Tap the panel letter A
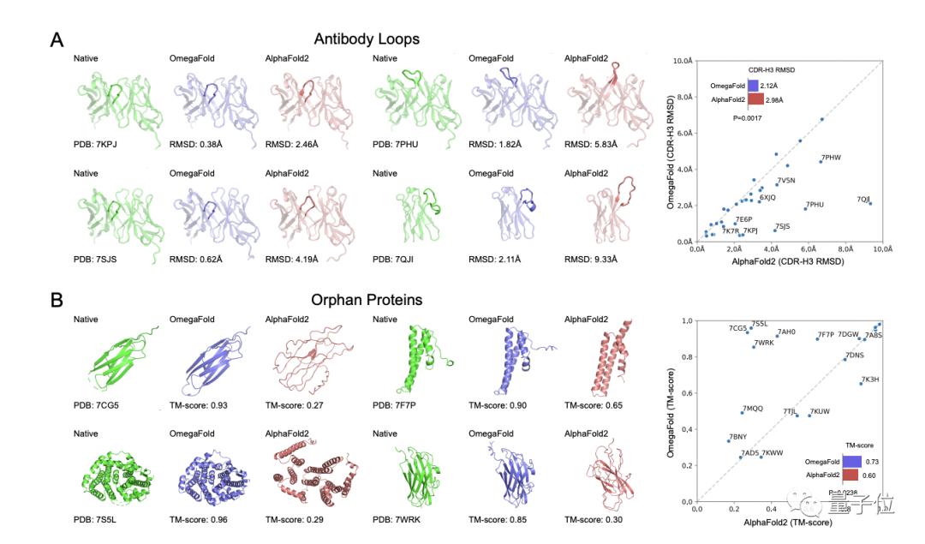click(x=57, y=40)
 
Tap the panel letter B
click(x=57, y=301)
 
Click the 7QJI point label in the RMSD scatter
click(x=863, y=199)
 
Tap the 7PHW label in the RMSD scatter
click(x=831, y=158)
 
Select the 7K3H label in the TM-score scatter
click(x=870, y=379)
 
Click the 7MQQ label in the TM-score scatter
click(x=753, y=409)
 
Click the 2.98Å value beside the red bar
click(x=776, y=99)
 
